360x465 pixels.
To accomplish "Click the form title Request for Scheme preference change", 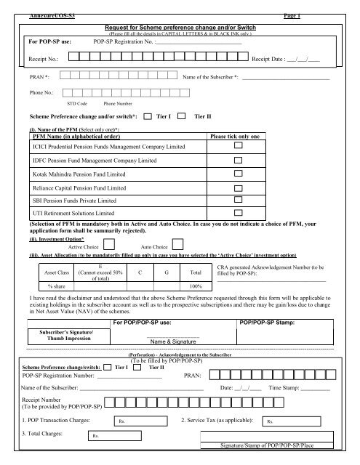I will point(172,25).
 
